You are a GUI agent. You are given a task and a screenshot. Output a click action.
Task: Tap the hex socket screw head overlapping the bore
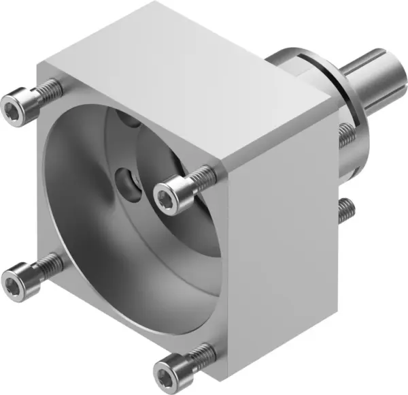click(167, 197)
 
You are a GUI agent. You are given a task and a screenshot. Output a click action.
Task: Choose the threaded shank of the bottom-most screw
click(201, 354)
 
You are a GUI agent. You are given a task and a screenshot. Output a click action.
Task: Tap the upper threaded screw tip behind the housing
click(347, 136)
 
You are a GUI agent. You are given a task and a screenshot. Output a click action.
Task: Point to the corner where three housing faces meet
click(224, 163)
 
